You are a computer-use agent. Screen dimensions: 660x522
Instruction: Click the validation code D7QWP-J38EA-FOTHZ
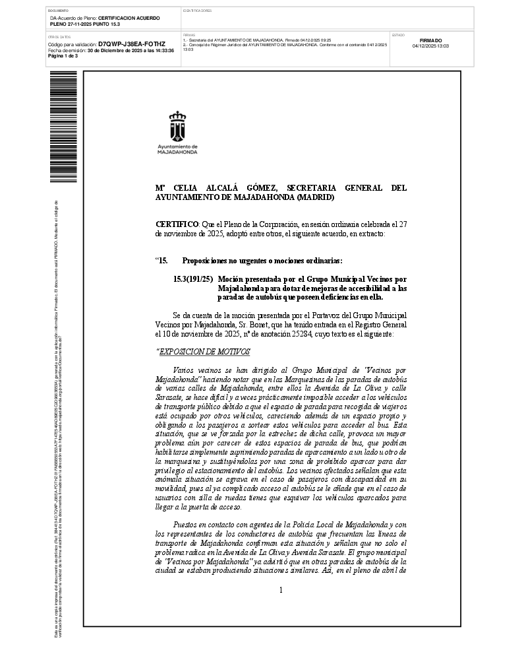[131, 44]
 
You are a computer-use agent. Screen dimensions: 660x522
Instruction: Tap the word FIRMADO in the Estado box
[430, 40]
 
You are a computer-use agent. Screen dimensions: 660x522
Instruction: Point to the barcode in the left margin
[63, 125]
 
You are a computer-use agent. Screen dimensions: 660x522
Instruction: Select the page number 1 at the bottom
[281, 589]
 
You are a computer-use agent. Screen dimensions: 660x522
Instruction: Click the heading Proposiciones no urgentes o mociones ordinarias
[262, 261]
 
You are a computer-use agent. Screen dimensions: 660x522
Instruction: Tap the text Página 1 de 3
[63, 55]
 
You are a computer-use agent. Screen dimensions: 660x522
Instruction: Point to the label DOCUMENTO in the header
[58, 11]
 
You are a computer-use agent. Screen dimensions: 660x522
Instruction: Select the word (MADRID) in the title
[316, 197]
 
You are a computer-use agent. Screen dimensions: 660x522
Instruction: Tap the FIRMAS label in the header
[188, 34]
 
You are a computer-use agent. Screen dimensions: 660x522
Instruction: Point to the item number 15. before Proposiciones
[162, 261]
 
